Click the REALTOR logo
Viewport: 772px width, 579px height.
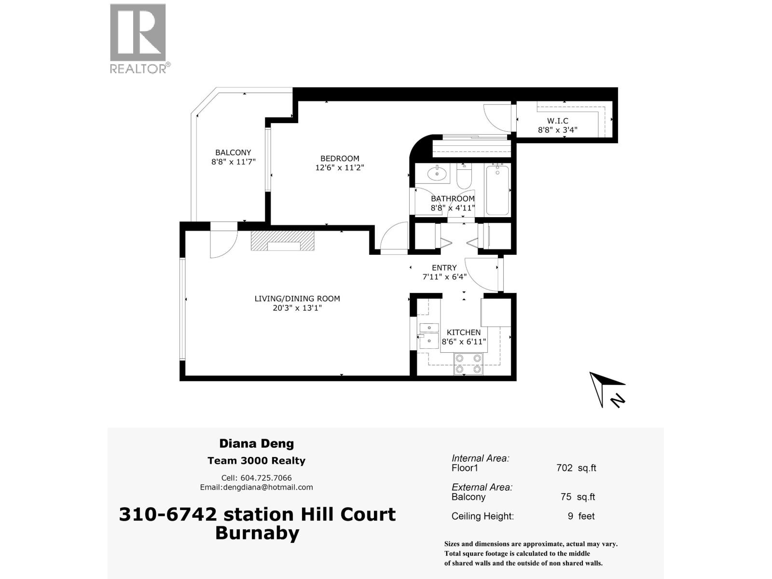point(138,39)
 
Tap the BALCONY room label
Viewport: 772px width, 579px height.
point(233,152)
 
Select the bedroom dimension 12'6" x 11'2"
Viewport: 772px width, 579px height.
point(340,167)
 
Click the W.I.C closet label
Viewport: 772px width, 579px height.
point(557,121)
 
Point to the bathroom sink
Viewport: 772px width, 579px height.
point(438,173)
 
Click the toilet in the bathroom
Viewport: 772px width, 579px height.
point(464,176)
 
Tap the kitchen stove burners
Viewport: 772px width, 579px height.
point(468,364)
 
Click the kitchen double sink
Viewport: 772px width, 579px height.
point(428,335)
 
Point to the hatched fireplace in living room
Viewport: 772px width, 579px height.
point(282,240)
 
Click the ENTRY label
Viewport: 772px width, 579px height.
point(444,268)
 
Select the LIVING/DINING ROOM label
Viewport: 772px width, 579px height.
point(297,299)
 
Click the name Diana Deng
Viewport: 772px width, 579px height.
point(256,443)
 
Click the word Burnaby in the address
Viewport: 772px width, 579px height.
point(257,533)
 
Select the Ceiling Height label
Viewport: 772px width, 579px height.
point(482,516)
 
